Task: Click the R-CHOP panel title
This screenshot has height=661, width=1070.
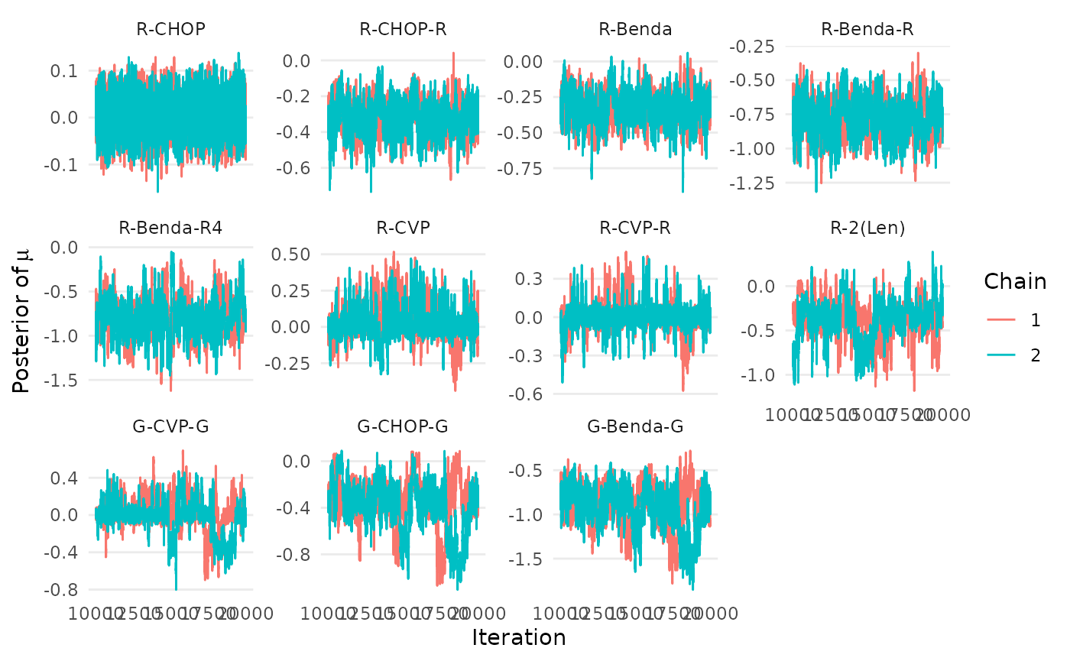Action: [170, 30]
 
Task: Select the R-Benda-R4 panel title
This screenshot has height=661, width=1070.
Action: [170, 228]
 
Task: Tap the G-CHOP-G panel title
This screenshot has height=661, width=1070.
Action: [404, 426]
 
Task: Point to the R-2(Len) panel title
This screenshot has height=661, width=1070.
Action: [867, 228]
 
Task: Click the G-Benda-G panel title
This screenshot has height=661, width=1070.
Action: [635, 426]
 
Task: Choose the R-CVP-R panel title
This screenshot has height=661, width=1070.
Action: [635, 228]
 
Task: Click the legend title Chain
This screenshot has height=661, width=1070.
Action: [1015, 281]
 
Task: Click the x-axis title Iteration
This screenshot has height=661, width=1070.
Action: [519, 637]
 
